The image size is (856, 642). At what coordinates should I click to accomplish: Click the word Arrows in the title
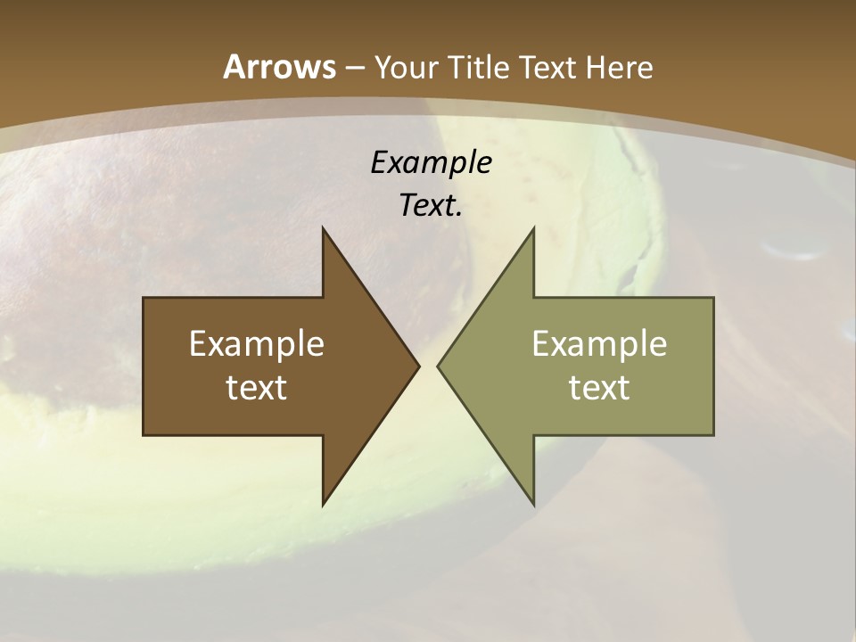point(280,67)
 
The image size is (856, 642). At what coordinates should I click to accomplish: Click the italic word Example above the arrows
point(431,162)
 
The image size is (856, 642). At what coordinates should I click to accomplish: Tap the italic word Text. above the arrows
point(431,205)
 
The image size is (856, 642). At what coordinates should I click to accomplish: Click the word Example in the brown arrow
point(257,344)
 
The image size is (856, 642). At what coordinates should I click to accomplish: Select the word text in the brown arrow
point(257,388)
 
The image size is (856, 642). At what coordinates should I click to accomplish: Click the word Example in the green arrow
point(599,344)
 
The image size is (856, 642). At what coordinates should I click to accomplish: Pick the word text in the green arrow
point(599,388)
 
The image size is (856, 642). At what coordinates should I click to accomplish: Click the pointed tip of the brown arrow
point(419,366)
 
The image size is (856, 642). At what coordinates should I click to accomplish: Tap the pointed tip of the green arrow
point(438,366)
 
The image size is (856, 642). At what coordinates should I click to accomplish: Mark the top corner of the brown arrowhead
point(323,228)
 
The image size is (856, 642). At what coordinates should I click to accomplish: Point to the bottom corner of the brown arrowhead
point(323,505)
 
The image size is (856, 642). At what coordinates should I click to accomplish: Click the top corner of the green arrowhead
point(533,228)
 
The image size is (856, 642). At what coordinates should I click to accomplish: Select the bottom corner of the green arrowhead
point(533,505)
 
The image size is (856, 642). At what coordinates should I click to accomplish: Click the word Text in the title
point(547,68)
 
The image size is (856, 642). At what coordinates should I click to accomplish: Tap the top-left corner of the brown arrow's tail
point(144,299)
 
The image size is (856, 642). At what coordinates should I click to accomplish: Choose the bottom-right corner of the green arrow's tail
point(713,434)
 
